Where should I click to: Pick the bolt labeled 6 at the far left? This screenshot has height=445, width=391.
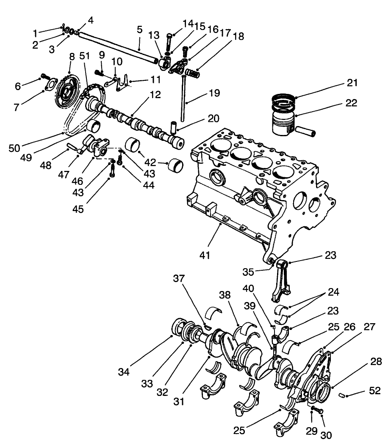point(45,77)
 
